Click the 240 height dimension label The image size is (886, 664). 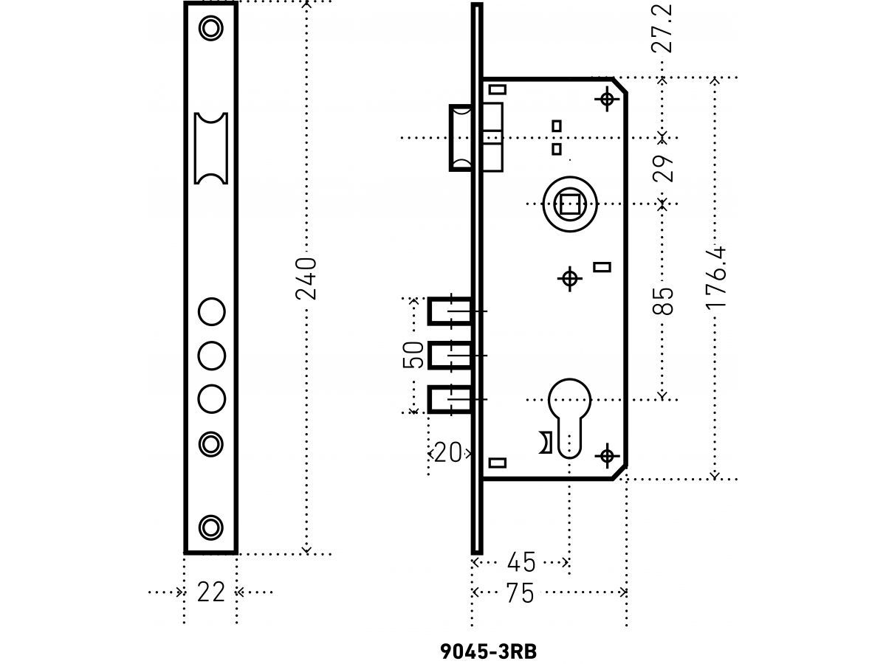tap(306, 279)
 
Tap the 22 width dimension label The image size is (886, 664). tap(210, 592)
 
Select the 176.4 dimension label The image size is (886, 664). tap(715, 277)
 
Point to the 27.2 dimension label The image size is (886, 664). tap(662, 28)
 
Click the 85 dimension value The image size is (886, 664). tap(663, 301)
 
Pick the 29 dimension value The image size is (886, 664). tap(663, 168)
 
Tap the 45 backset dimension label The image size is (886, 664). tap(521, 562)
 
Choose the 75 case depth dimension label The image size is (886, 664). tap(521, 592)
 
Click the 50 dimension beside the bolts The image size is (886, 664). tap(413, 355)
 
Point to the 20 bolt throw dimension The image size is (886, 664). tap(448, 452)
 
